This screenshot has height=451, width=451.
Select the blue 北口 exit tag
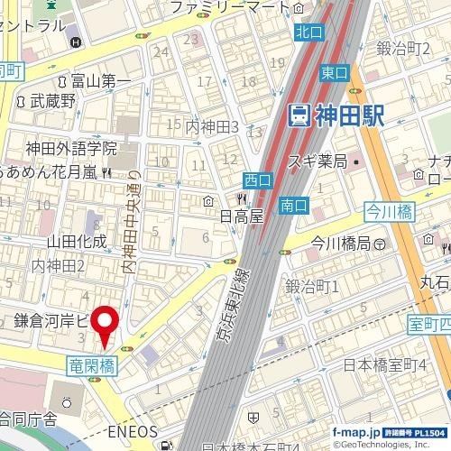pyautogui.click(x=308, y=32)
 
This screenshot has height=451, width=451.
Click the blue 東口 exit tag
pyautogui.click(x=333, y=72)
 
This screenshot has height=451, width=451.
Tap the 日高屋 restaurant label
pyautogui.click(x=241, y=216)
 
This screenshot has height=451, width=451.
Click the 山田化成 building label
pyautogui.click(x=77, y=241)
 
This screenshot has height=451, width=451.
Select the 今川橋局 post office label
pyautogui.click(x=342, y=244)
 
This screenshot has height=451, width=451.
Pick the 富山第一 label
pyautogui.click(x=101, y=82)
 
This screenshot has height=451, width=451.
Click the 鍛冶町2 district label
pyautogui.click(x=403, y=47)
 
